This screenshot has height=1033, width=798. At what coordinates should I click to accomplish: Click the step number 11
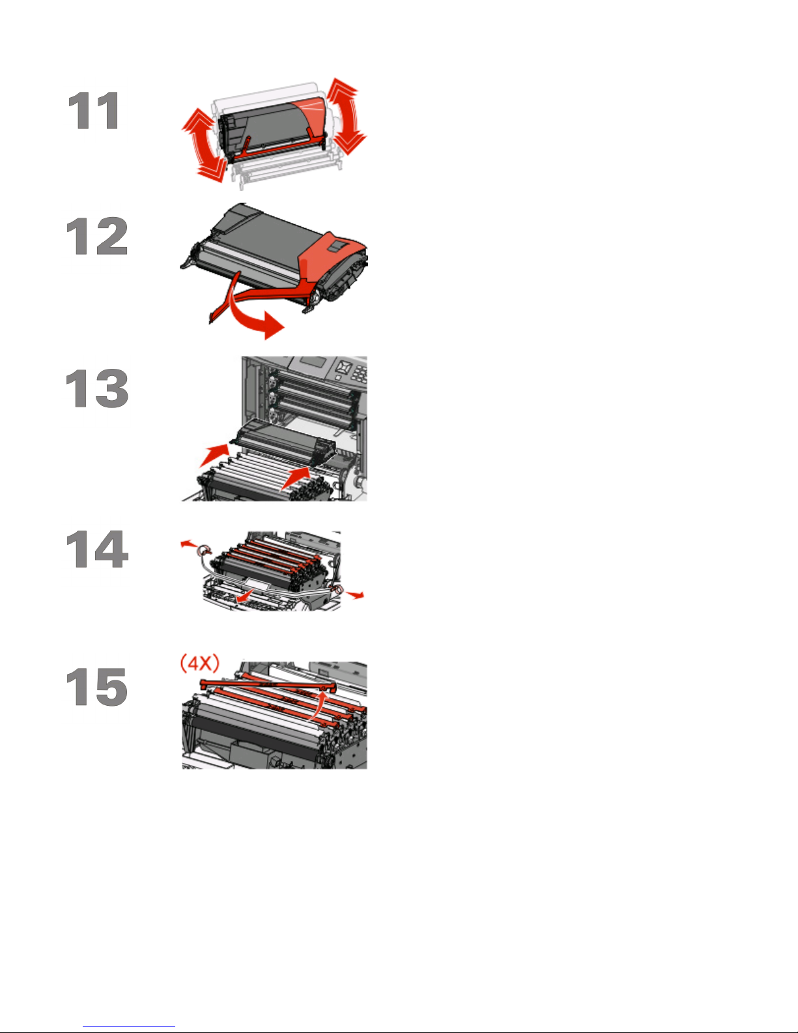pos(94,110)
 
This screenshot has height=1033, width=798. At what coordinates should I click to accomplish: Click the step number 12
pos(97,237)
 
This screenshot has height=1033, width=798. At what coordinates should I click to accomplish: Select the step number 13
pos(97,388)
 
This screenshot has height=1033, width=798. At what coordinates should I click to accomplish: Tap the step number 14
pos(97,549)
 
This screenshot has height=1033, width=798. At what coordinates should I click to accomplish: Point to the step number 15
pos(97,686)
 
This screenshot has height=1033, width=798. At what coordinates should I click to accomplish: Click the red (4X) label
pos(200,663)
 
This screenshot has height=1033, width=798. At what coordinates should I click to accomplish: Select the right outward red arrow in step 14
pos(355,594)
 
